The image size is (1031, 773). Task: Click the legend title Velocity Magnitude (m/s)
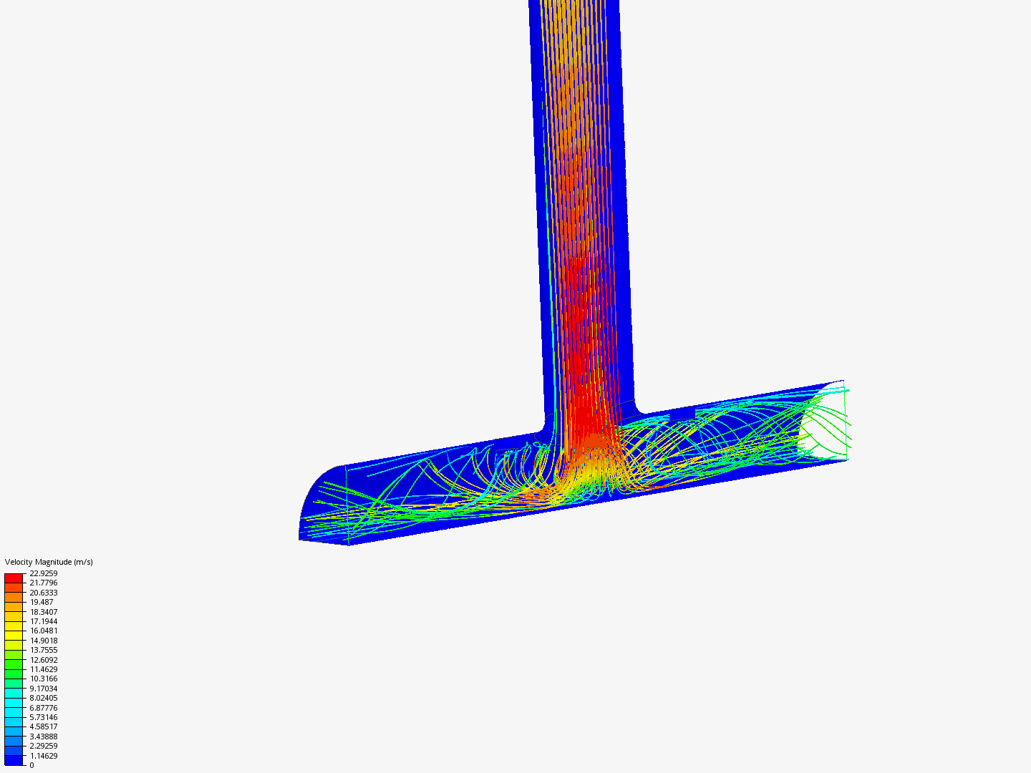click(49, 562)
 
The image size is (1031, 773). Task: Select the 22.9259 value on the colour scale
click(43, 573)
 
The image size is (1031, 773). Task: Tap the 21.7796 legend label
click(43, 583)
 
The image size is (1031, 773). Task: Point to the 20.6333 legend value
click(43, 593)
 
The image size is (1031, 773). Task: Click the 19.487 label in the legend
click(42, 602)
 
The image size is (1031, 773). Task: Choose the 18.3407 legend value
click(43, 611)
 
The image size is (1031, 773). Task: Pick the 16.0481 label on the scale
click(43, 631)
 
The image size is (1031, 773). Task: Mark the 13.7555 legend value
click(43, 650)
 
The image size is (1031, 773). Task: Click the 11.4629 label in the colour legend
click(43, 669)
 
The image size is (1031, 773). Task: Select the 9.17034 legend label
click(43, 689)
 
